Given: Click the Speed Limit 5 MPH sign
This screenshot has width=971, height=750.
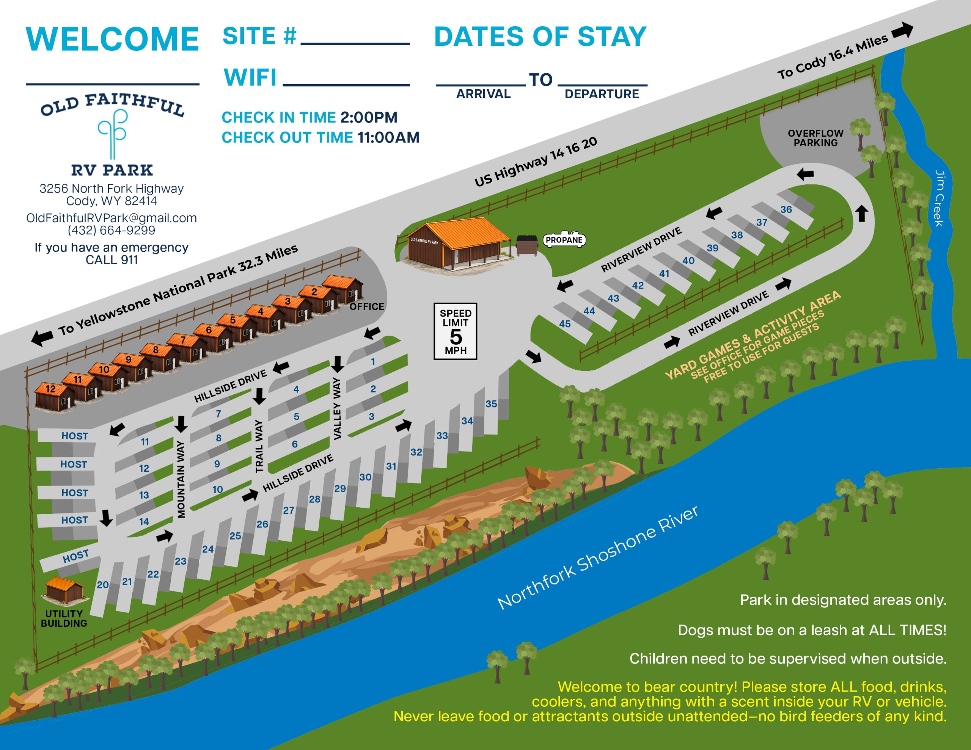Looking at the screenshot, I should (x=455, y=331).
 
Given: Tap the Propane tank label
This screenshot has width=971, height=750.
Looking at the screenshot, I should (x=564, y=240).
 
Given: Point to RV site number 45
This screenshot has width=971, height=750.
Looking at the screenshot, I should (x=565, y=324).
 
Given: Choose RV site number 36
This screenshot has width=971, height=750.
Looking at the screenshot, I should (x=786, y=209).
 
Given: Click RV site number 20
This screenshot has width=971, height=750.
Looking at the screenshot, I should (x=103, y=585).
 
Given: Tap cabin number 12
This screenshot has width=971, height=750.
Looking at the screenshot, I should (x=50, y=389).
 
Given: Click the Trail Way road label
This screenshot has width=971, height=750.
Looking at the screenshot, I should (x=259, y=446).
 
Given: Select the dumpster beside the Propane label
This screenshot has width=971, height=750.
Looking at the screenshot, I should (x=527, y=245).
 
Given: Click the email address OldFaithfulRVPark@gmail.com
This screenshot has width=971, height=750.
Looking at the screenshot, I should (x=111, y=218).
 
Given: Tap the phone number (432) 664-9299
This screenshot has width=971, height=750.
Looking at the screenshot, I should (x=111, y=230).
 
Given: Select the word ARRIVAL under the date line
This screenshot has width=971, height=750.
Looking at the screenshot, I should (x=483, y=94).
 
